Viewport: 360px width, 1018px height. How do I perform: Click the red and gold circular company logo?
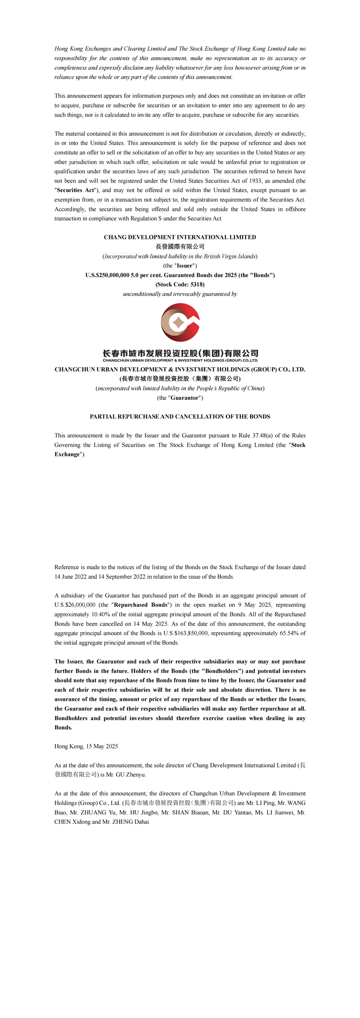pos(180,322)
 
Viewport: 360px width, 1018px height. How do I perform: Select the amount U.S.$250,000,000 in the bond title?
pos(107,275)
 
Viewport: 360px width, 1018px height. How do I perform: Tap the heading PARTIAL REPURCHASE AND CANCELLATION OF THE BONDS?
pos(180,417)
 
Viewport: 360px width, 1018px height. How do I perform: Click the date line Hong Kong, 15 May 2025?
pos(86,746)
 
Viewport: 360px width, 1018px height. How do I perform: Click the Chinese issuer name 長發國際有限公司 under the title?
pos(180,247)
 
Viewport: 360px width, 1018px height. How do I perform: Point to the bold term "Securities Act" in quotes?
pos(75,190)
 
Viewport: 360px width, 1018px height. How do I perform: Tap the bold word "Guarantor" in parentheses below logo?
pos(185,398)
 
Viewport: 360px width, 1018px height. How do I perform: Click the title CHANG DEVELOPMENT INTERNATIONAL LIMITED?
pos(180,237)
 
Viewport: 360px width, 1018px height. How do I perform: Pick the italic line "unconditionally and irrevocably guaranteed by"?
pos(180,294)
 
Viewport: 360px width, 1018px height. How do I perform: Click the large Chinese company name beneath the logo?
pos(180,354)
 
